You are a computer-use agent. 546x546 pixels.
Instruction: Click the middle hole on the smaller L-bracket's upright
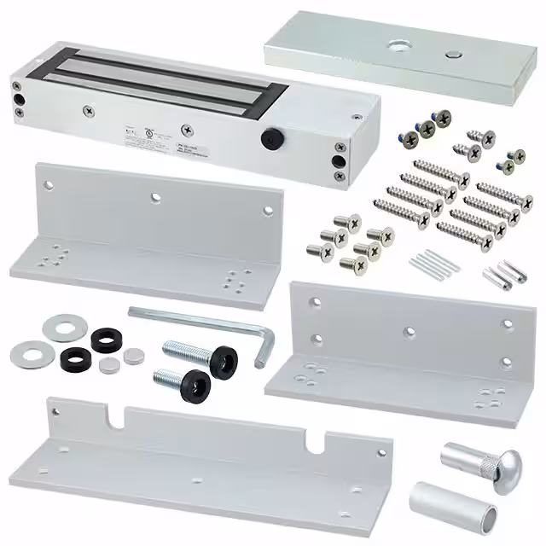click(410, 330)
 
